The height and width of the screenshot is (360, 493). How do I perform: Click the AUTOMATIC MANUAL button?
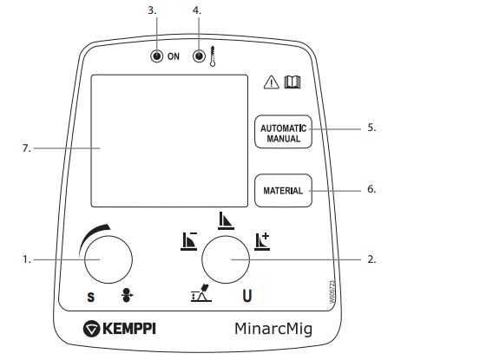point(283,132)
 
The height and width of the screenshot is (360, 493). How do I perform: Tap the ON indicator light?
point(156,56)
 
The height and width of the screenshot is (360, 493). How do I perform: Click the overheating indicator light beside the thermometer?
point(199,56)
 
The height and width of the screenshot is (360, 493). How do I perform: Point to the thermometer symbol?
point(213,56)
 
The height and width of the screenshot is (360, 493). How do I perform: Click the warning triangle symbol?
point(271,82)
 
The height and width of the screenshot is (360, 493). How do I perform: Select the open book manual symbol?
point(293,82)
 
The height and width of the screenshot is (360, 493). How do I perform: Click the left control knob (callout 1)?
point(108,259)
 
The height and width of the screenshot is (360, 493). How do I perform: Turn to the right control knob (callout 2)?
point(226,259)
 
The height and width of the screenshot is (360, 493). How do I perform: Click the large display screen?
point(169,141)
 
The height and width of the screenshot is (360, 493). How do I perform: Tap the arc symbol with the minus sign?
point(189,241)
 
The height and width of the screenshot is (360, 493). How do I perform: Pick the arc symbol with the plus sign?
point(262,241)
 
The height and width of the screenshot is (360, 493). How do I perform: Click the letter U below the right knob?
point(247,296)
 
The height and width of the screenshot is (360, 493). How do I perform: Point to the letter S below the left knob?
point(91,297)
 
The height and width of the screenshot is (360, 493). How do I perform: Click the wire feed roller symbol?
point(127,295)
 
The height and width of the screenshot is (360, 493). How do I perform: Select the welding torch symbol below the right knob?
point(201,293)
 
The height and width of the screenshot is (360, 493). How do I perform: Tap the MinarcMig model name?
point(273,330)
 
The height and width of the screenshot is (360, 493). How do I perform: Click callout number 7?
point(27,148)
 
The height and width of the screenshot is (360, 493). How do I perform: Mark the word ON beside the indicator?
point(174,56)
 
